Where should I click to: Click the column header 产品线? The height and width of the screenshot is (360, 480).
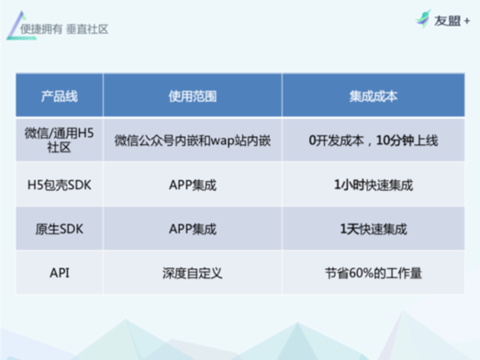(x=60, y=96)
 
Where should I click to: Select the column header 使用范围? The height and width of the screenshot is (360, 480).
(x=193, y=96)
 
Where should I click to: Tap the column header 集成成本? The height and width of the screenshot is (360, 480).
(x=374, y=96)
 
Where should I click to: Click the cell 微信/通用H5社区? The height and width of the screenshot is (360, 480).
(x=59, y=141)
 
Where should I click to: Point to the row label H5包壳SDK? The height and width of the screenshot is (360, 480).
(x=60, y=186)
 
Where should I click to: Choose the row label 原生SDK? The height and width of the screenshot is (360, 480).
(x=60, y=230)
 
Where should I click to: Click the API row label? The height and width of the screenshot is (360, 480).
(x=60, y=273)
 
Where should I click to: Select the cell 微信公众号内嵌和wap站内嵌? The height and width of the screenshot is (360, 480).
(x=193, y=141)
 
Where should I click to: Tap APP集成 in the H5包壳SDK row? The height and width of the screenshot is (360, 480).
(x=193, y=186)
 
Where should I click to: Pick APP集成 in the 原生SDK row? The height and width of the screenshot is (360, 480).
(x=193, y=230)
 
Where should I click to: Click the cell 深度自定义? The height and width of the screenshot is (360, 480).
(x=193, y=273)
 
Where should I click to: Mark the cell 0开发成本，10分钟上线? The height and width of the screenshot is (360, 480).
(x=374, y=141)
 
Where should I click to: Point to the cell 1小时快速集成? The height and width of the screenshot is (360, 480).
(x=374, y=186)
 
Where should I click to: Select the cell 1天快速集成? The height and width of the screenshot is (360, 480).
(x=374, y=230)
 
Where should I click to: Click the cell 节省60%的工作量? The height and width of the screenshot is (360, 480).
(x=374, y=273)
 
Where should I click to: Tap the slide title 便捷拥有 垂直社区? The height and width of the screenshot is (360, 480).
(x=64, y=29)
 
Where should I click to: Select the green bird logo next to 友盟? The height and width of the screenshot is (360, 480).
(x=423, y=18)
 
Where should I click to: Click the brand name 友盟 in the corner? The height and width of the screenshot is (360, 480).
(x=447, y=21)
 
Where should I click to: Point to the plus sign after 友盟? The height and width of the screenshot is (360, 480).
(x=467, y=21)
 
